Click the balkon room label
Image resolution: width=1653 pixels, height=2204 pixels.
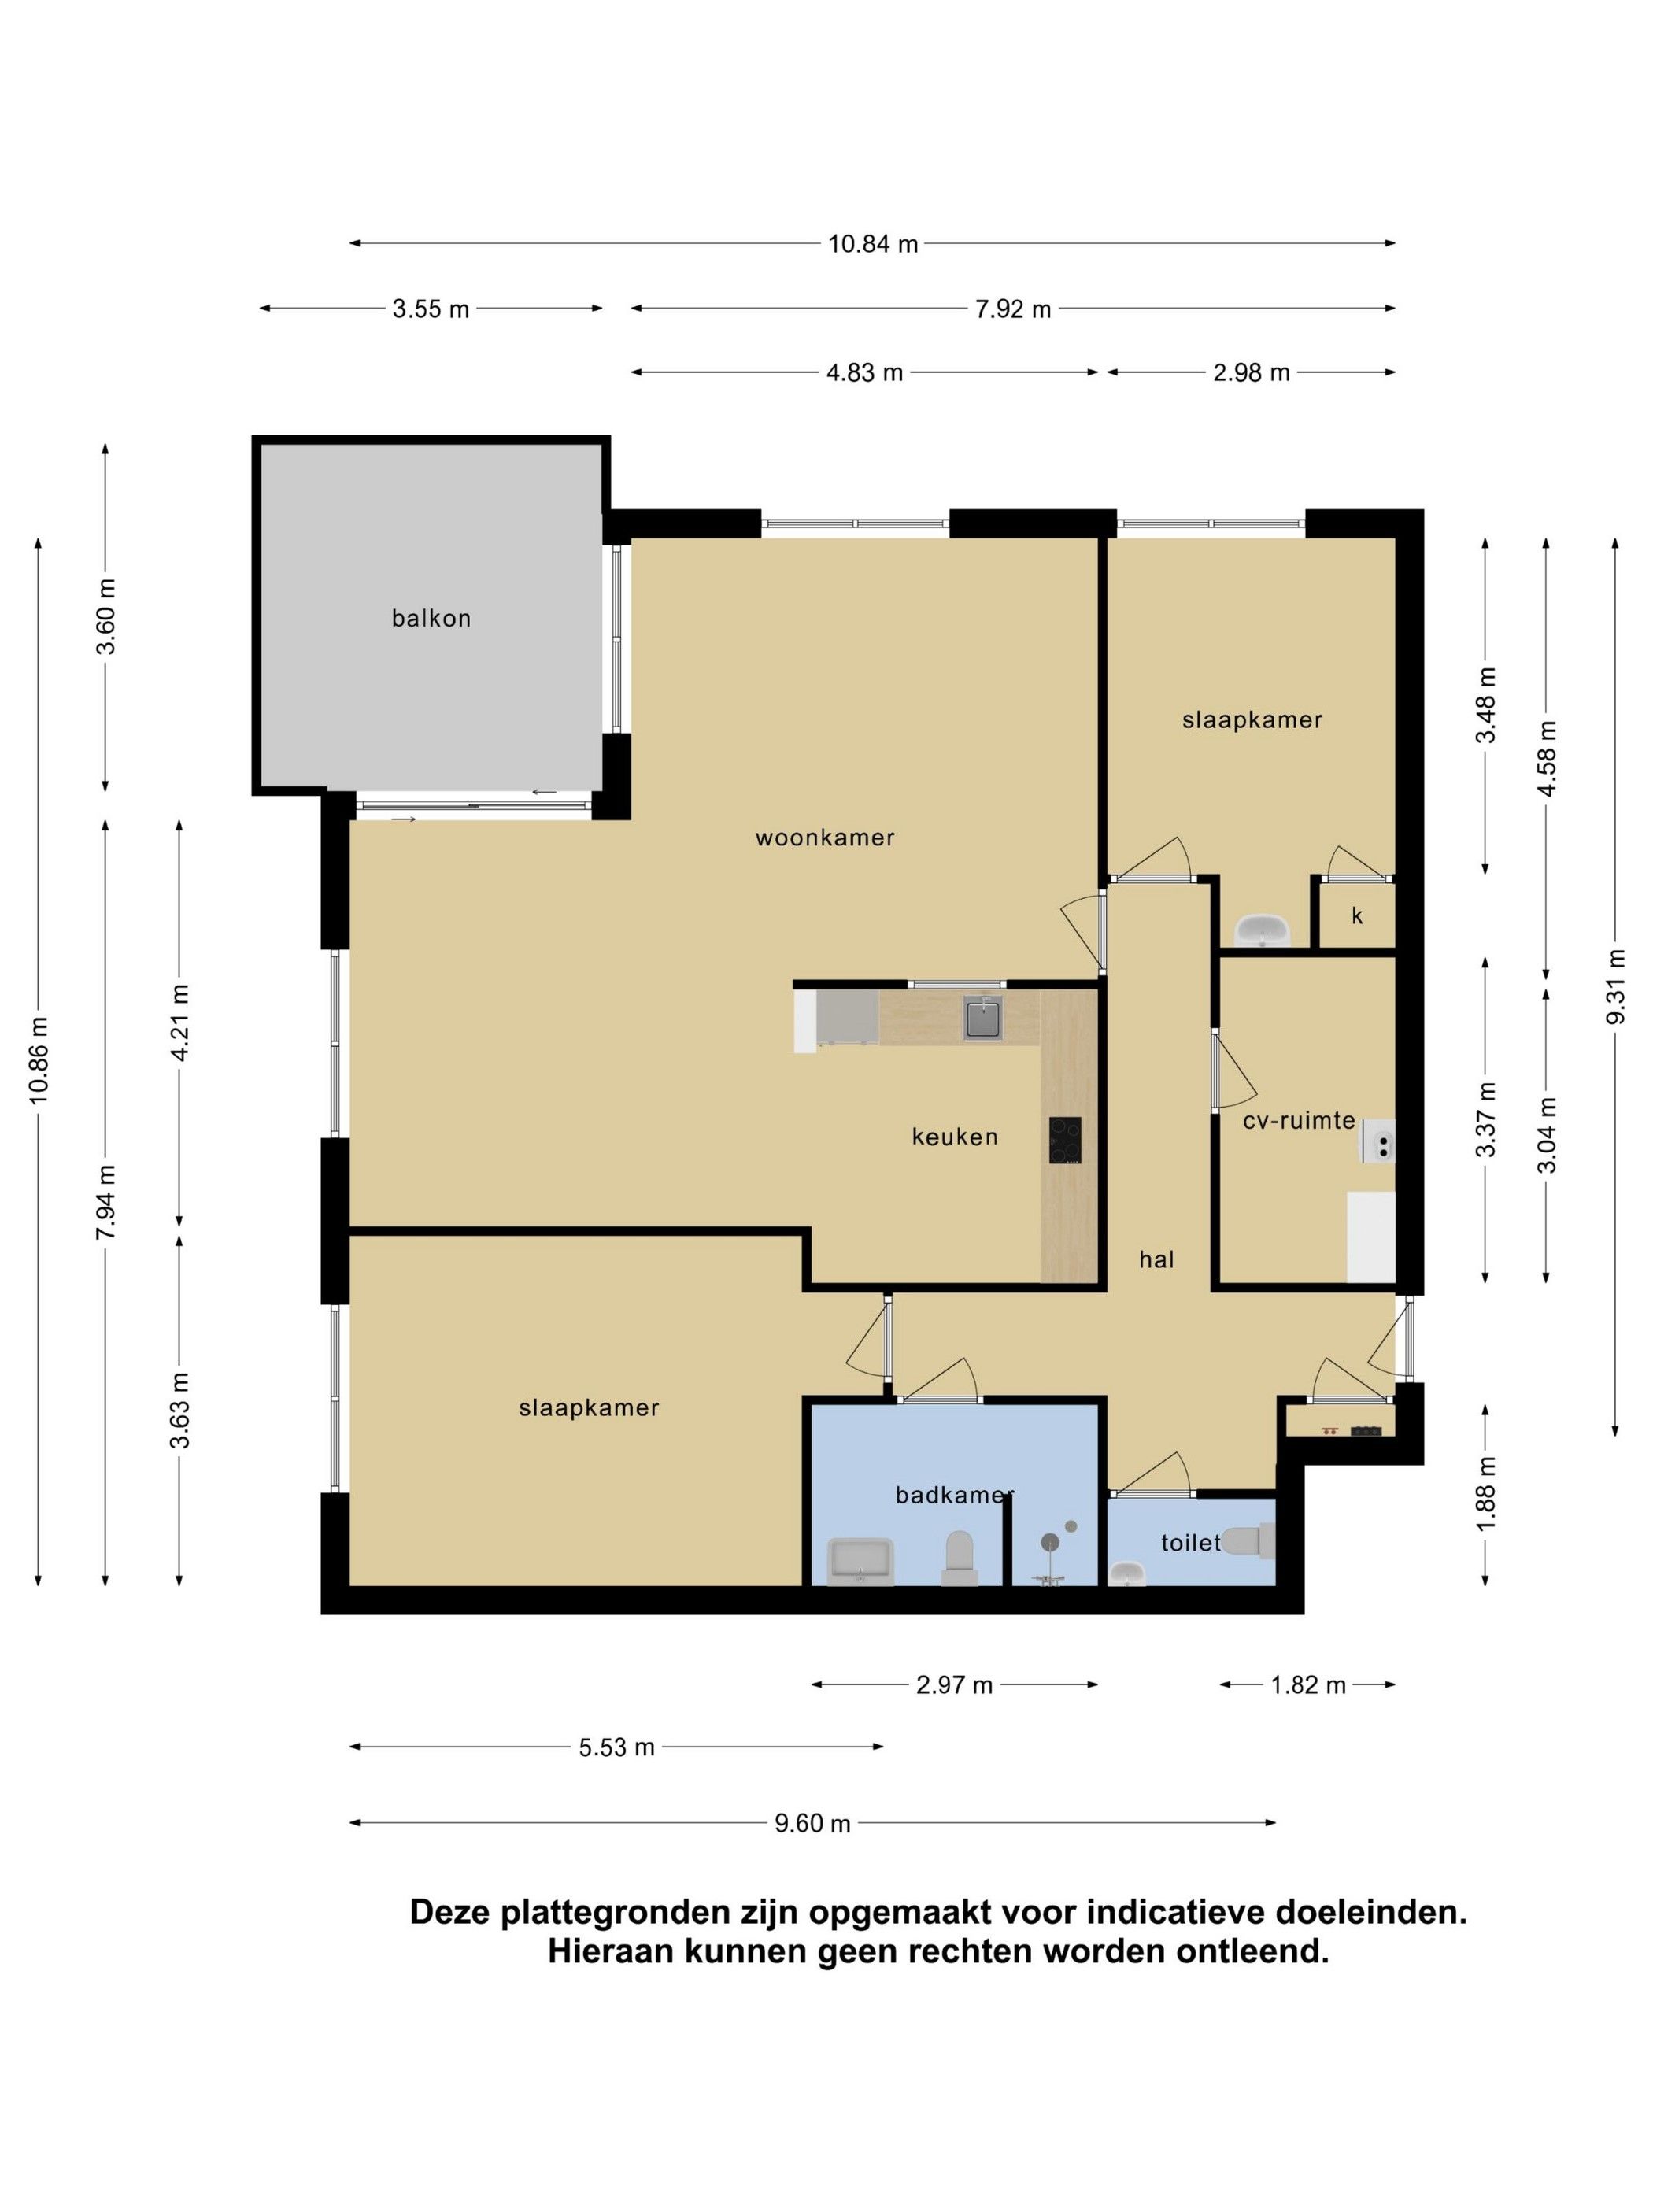click(x=431, y=618)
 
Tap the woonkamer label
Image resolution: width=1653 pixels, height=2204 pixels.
click(x=825, y=838)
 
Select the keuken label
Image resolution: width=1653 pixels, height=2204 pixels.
click(x=955, y=1137)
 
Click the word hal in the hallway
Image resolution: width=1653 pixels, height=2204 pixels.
click(x=1157, y=1259)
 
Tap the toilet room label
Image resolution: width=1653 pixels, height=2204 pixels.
click(x=1191, y=1542)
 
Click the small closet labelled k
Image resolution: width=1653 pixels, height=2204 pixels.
click(x=1357, y=915)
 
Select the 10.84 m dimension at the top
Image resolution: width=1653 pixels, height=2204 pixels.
click(x=873, y=244)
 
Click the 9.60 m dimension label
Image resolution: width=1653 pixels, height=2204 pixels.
click(x=813, y=1823)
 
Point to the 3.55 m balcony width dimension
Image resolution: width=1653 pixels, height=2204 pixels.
click(x=431, y=309)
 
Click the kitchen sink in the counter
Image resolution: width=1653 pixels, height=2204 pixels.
click(x=982, y=1019)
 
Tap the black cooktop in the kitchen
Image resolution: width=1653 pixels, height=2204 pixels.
click(x=1065, y=1140)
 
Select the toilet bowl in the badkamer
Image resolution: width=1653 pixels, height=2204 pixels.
click(x=960, y=1559)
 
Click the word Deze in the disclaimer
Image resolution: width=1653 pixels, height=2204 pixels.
click(x=455, y=1912)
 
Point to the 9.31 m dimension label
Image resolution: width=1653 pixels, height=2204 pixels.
click(x=1616, y=986)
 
